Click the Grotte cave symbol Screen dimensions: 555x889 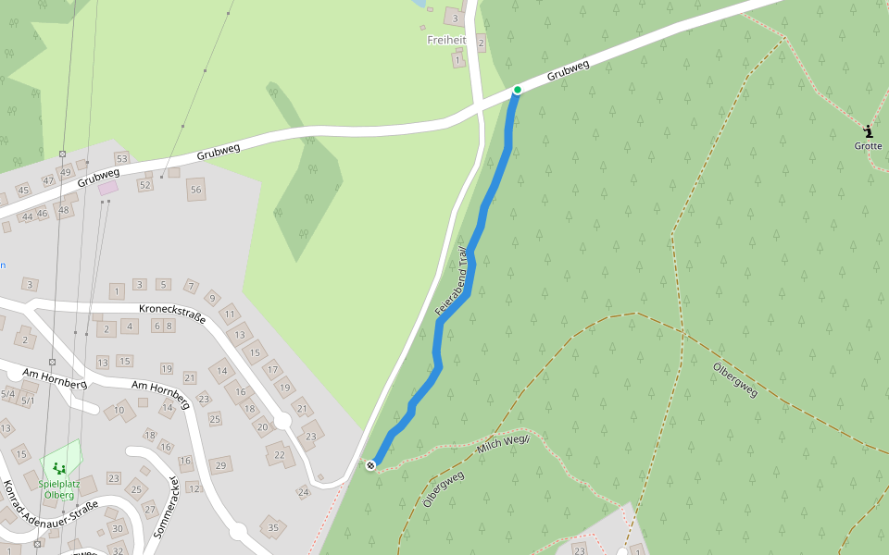pos(868,130)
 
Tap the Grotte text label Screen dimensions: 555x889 pos(868,146)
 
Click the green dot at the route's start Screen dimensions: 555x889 pos(518,90)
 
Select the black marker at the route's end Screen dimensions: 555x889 pos(371,464)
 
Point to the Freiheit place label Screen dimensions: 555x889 pos(446,40)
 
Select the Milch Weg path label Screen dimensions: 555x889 pos(502,445)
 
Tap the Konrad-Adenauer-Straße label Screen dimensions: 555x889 pos(50,514)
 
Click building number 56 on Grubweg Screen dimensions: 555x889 pos(195,190)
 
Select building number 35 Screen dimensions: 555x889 pos(272,528)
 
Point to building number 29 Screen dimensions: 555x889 pos(220,464)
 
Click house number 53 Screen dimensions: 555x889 pos(121,159)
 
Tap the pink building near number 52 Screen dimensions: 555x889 pos(108,188)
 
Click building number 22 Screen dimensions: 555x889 pos(280,454)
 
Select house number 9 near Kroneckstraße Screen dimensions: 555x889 pos(212,298)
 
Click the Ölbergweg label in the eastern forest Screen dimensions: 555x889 pos(735,379)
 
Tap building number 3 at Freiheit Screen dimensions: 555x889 pos(455,18)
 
